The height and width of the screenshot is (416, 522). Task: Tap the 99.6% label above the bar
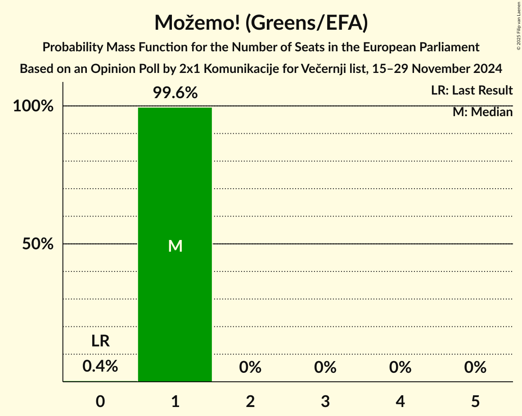175,93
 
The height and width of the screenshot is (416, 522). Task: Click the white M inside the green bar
175,246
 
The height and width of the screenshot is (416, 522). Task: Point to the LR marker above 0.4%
100,341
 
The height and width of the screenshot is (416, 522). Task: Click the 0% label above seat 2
250,367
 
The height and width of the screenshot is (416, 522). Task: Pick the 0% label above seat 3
325,367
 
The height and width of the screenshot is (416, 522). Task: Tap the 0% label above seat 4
400,367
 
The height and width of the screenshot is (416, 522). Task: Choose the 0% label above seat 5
475,367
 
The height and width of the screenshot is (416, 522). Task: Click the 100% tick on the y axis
33,107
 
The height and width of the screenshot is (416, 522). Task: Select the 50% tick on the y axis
38,244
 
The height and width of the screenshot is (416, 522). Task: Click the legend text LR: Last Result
472,90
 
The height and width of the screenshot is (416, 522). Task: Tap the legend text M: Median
482,112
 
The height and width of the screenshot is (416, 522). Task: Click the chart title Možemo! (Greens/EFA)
261,23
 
